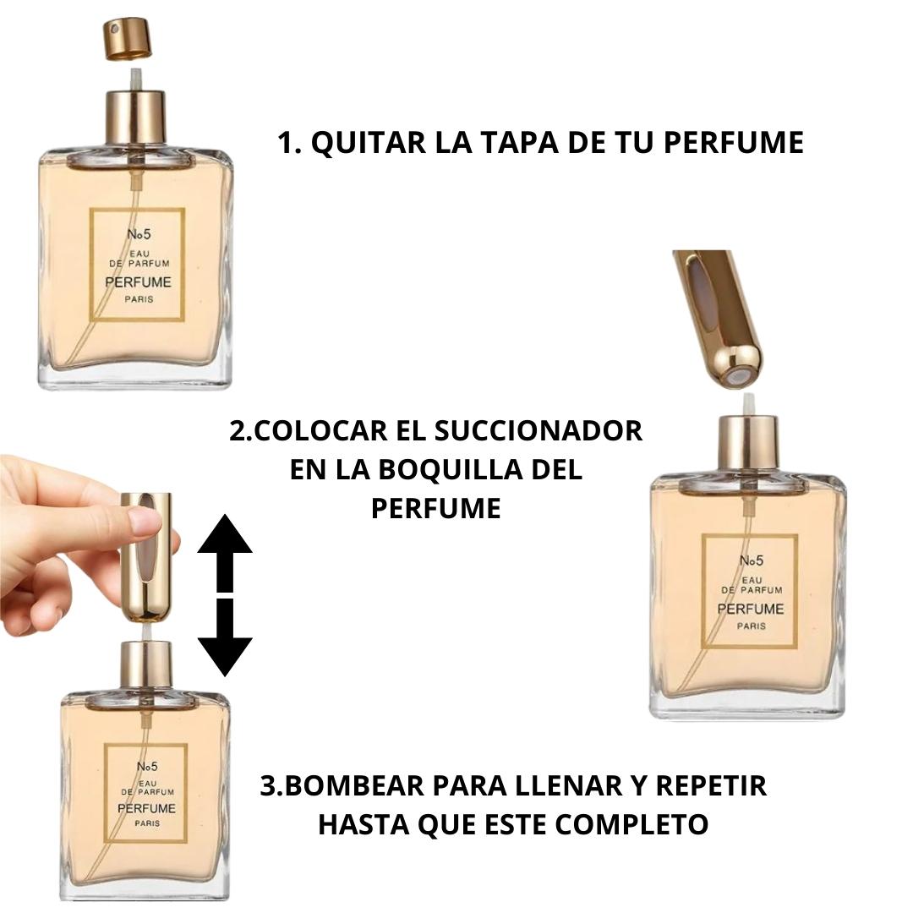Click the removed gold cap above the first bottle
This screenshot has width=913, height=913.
(128, 39)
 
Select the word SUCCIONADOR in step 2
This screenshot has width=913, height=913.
(539, 431)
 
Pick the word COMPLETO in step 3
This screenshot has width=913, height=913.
(631, 824)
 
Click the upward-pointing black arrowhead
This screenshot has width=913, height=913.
(225, 533)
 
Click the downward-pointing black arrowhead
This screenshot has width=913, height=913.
(225, 657)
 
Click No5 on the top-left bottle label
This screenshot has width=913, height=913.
(139, 234)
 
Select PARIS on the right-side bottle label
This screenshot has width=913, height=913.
(752, 626)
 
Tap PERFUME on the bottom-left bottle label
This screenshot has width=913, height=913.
(147, 809)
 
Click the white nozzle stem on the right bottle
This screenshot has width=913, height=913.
(749, 404)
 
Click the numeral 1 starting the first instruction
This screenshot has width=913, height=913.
(283, 143)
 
